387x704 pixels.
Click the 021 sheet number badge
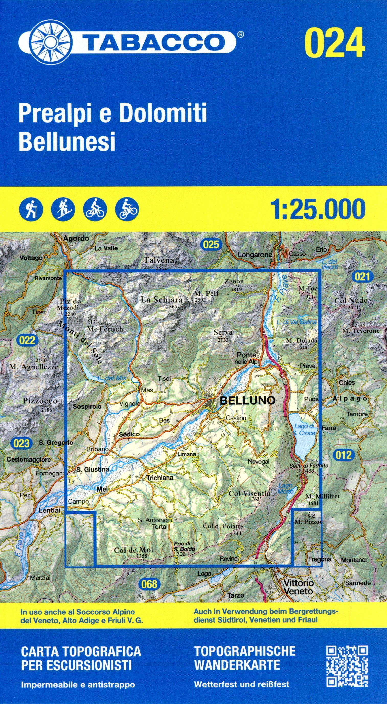coord(362,277)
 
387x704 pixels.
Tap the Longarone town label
coord(255,255)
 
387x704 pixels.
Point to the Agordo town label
coord(76,238)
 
